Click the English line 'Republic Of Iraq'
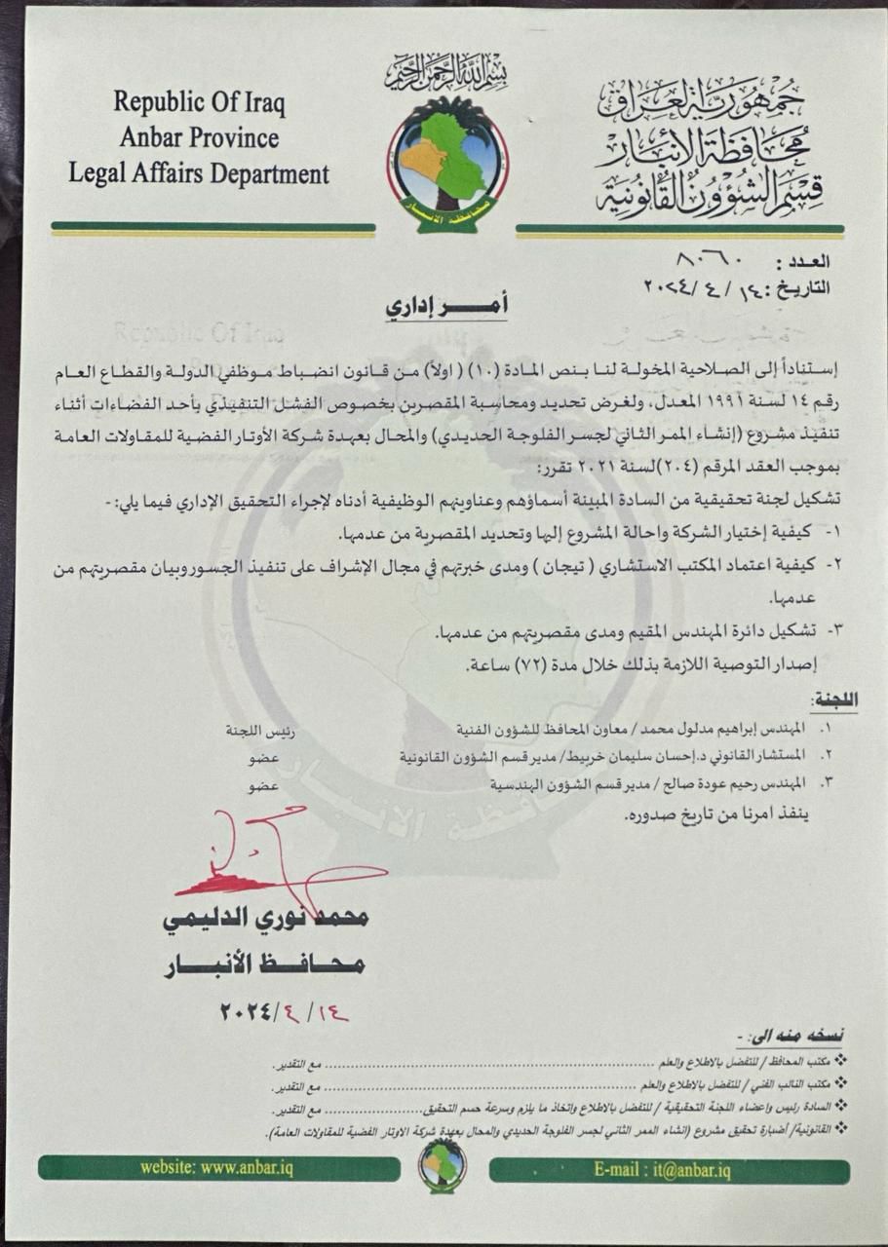(x=199, y=101)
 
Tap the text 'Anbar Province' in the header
(x=199, y=136)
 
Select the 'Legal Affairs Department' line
(x=199, y=174)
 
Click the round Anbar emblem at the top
(x=447, y=162)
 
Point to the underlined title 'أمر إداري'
(x=447, y=305)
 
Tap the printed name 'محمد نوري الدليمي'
(x=264, y=919)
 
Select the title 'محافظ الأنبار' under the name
(x=264, y=964)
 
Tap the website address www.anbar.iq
(x=216, y=1168)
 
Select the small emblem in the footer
(x=444, y=1165)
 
